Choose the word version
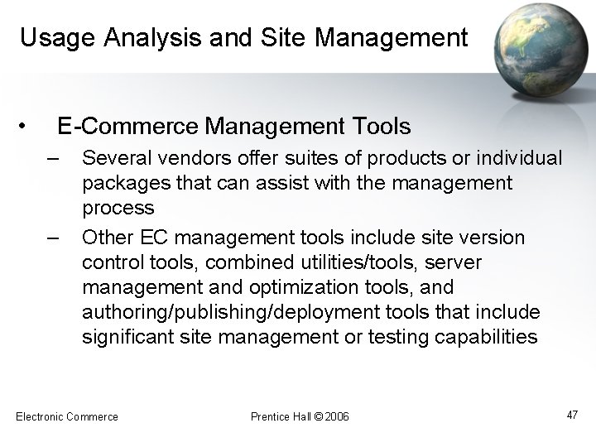(x=489, y=238)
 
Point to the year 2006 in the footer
(x=336, y=416)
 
